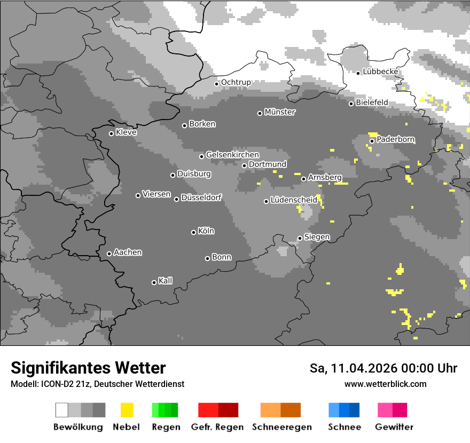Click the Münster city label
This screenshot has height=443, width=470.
[x=280, y=112]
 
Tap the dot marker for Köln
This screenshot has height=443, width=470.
[x=193, y=232]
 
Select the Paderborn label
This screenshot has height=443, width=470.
[x=396, y=139]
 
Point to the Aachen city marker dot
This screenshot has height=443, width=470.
[x=109, y=254]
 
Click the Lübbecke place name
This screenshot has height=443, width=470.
[x=381, y=72]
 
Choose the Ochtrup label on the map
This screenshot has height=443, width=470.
[x=236, y=82]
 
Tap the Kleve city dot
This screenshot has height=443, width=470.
[x=111, y=133]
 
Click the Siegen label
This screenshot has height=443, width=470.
[x=317, y=236]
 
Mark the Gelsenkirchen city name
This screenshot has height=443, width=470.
[x=232, y=155]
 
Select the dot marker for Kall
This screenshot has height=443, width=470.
[x=154, y=282]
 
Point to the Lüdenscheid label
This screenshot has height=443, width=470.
[x=294, y=200]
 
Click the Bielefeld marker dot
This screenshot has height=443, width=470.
[x=351, y=104]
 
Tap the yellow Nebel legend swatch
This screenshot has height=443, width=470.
[x=127, y=410]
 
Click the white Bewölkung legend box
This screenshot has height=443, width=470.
[x=61, y=410]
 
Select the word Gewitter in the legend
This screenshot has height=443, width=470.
[x=394, y=427]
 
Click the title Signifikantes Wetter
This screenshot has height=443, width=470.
[x=88, y=368]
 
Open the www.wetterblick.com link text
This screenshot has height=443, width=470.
[x=385, y=384]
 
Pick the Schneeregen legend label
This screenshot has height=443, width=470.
[x=282, y=427]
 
